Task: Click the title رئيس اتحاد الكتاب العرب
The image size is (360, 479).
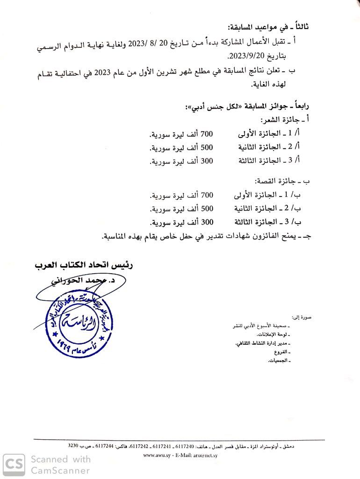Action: pyautogui.click(x=84, y=265)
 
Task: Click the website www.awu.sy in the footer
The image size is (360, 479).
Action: pyautogui.click(x=156, y=455)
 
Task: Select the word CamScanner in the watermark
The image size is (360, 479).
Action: pyautogui.click(x=60, y=470)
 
